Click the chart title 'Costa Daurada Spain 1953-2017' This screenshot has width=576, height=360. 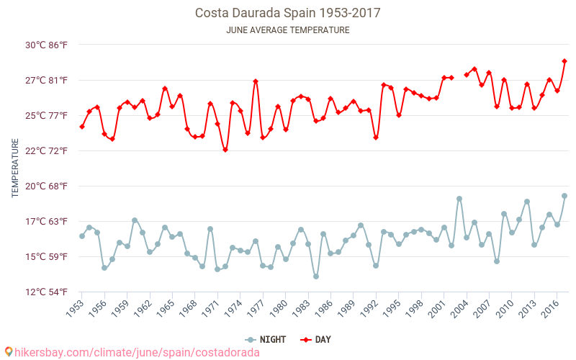click(288, 13)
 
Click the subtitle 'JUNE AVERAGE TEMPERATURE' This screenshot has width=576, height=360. click(288, 30)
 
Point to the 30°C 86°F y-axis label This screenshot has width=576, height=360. click(47, 45)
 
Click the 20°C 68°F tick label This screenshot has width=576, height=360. click(47, 186)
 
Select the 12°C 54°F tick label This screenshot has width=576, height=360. click(47, 292)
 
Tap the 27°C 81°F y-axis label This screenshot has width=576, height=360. click(47, 80)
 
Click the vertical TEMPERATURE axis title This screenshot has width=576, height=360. click(16, 168)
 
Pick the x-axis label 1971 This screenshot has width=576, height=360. click(212, 308)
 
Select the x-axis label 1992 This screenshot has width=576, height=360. click(370, 308)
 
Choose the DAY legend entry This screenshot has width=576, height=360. click(317, 339)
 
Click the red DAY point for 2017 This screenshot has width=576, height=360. click(564, 61)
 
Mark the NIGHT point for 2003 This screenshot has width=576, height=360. click(459, 199)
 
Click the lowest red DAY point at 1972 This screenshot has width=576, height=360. click(225, 150)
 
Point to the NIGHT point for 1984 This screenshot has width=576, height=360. click(316, 276)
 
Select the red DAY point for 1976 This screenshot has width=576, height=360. click(256, 81)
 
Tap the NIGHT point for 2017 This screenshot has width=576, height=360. click(564, 196)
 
